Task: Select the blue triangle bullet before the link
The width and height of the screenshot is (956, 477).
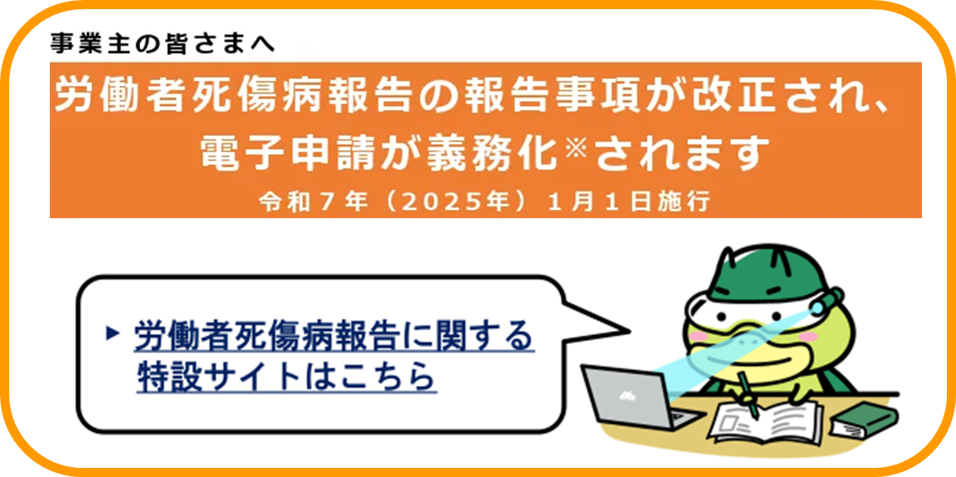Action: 111,333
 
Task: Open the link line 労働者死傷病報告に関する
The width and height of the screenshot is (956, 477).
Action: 334,336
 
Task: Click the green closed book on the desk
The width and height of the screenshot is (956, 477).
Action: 865,421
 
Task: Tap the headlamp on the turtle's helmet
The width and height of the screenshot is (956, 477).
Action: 827,301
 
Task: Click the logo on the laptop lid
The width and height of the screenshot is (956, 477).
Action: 625,397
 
